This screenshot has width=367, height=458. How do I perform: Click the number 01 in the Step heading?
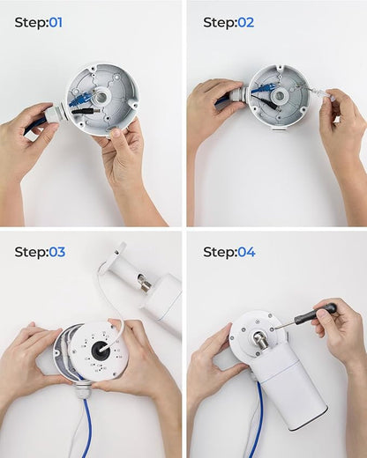click(56, 23)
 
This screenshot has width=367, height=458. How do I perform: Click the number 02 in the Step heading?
click(245, 23)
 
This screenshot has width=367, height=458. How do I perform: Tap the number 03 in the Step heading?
click(56, 252)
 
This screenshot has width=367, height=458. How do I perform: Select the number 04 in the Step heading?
click(246, 252)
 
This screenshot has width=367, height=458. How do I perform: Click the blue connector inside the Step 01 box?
click(80, 98)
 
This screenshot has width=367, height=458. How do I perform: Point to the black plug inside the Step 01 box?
click(86, 111)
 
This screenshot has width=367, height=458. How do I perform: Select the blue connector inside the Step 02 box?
click(264, 88)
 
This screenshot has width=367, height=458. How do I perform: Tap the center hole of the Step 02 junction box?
click(279, 95)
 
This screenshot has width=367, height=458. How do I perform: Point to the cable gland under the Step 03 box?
click(81, 391)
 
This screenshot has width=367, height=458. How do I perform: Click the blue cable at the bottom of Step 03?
click(87, 428)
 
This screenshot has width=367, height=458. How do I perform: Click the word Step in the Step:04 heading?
click(220, 252)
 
